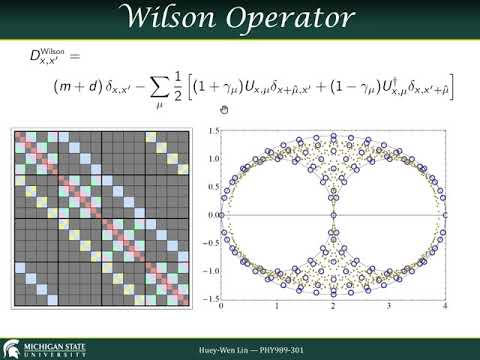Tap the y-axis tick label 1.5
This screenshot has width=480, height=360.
pyautogui.click(x=211, y=130)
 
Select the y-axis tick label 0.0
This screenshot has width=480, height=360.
pyautogui.click(x=211, y=214)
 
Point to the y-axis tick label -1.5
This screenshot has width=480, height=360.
pyautogui.click(x=209, y=298)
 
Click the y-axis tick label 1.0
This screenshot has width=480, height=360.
pyautogui.click(x=211, y=158)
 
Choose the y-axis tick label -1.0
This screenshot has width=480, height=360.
pyautogui.click(x=209, y=270)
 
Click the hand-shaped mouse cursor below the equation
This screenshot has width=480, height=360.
pyautogui.click(x=225, y=109)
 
